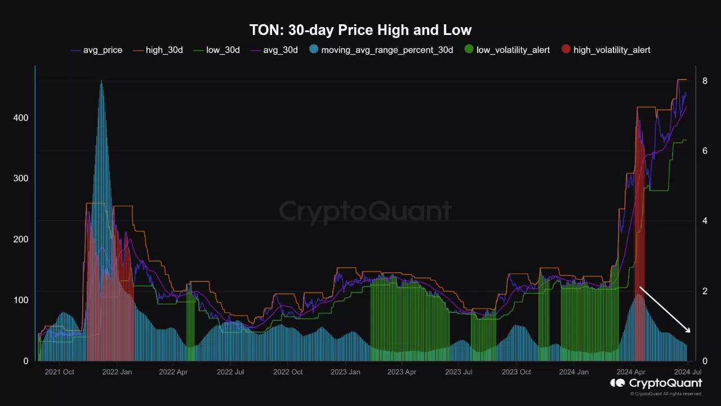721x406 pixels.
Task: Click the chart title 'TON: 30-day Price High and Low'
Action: (360, 30)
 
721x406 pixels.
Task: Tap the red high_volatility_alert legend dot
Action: (566, 50)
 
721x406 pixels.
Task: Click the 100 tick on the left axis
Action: (21, 300)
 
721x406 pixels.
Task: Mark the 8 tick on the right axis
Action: (705, 81)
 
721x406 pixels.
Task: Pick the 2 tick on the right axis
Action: (705, 291)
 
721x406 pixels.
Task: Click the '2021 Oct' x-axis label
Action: (59, 372)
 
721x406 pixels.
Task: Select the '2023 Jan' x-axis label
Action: (345, 372)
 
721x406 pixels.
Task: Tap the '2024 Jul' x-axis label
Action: (687, 372)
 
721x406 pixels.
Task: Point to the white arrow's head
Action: (689, 331)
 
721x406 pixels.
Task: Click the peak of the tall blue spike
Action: (101, 82)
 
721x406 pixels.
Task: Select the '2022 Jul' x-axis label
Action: (231, 372)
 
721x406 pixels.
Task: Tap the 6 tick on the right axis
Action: (705, 151)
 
